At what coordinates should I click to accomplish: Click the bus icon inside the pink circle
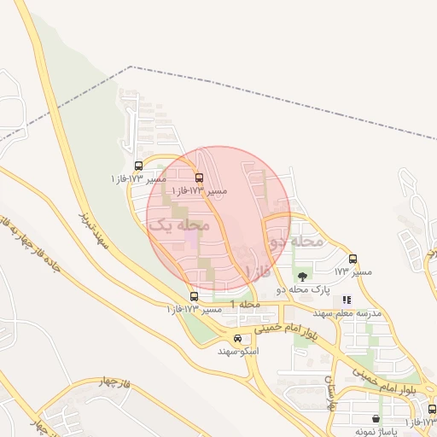pyautogui.click(x=199, y=178)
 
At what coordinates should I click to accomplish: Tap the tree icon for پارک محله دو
pyautogui.click(x=301, y=276)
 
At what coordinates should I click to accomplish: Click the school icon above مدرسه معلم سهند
pyautogui.click(x=347, y=300)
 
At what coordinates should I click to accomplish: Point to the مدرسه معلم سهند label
pyautogui.click(x=352, y=313)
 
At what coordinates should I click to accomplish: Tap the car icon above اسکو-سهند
pyautogui.click(x=237, y=338)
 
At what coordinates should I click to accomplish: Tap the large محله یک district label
pyautogui.click(x=178, y=225)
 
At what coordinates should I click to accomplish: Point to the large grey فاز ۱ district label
pyautogui.click(x=257, y=271)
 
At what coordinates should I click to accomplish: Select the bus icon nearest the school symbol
pyautogui.click(x=353, y=259)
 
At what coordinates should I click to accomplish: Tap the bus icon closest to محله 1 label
pyautogui.click(x=194, y=296)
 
